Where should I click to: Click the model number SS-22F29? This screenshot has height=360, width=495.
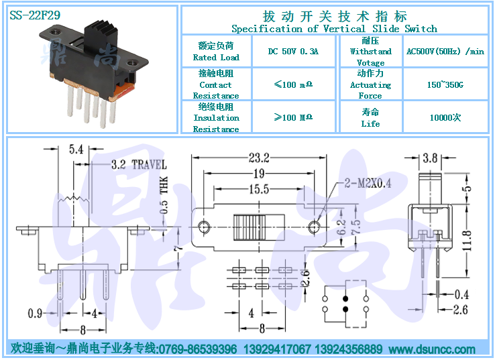pos(35,15)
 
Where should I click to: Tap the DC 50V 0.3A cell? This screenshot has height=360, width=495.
pos(293,51)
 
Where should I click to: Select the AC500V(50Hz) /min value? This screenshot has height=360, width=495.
pos(445,51)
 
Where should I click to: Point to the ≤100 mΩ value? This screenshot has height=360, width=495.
pos(293,84)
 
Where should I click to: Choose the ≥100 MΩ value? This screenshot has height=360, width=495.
pos(293,118)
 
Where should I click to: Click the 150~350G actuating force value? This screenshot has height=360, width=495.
pos(445,84)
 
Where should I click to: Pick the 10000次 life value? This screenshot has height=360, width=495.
pos(445,118)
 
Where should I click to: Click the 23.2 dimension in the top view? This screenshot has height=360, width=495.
pos(259,158)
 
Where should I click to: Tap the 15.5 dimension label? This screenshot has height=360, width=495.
pos(259,189)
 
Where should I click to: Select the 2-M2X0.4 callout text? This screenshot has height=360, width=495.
pos(368,183)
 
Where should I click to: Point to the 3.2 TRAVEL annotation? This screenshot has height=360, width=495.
pos(139,164)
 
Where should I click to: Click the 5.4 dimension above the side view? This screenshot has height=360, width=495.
pos(76,149)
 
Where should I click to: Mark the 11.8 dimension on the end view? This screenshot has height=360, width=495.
pos(467,241)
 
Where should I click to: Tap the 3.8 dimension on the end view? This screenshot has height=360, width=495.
pos(430,158)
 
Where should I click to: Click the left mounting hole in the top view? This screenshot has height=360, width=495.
pos(204,227)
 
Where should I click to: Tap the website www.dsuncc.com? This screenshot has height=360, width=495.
pos(432,349)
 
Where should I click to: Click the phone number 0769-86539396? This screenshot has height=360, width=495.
pos(198,349)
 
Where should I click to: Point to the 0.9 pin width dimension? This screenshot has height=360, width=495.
pos(35,313)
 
